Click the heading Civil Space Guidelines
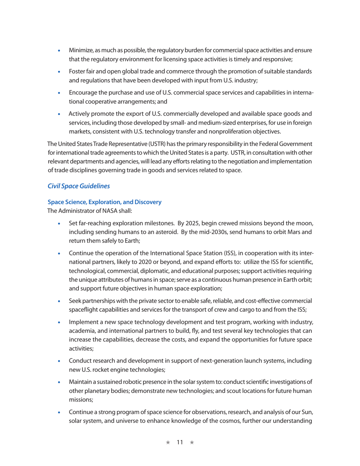[78, 186]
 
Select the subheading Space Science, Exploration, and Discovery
[104, 202]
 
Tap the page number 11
[180, 443]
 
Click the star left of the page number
[168, 443]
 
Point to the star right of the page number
[192, 443]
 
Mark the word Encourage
[83, 93]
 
